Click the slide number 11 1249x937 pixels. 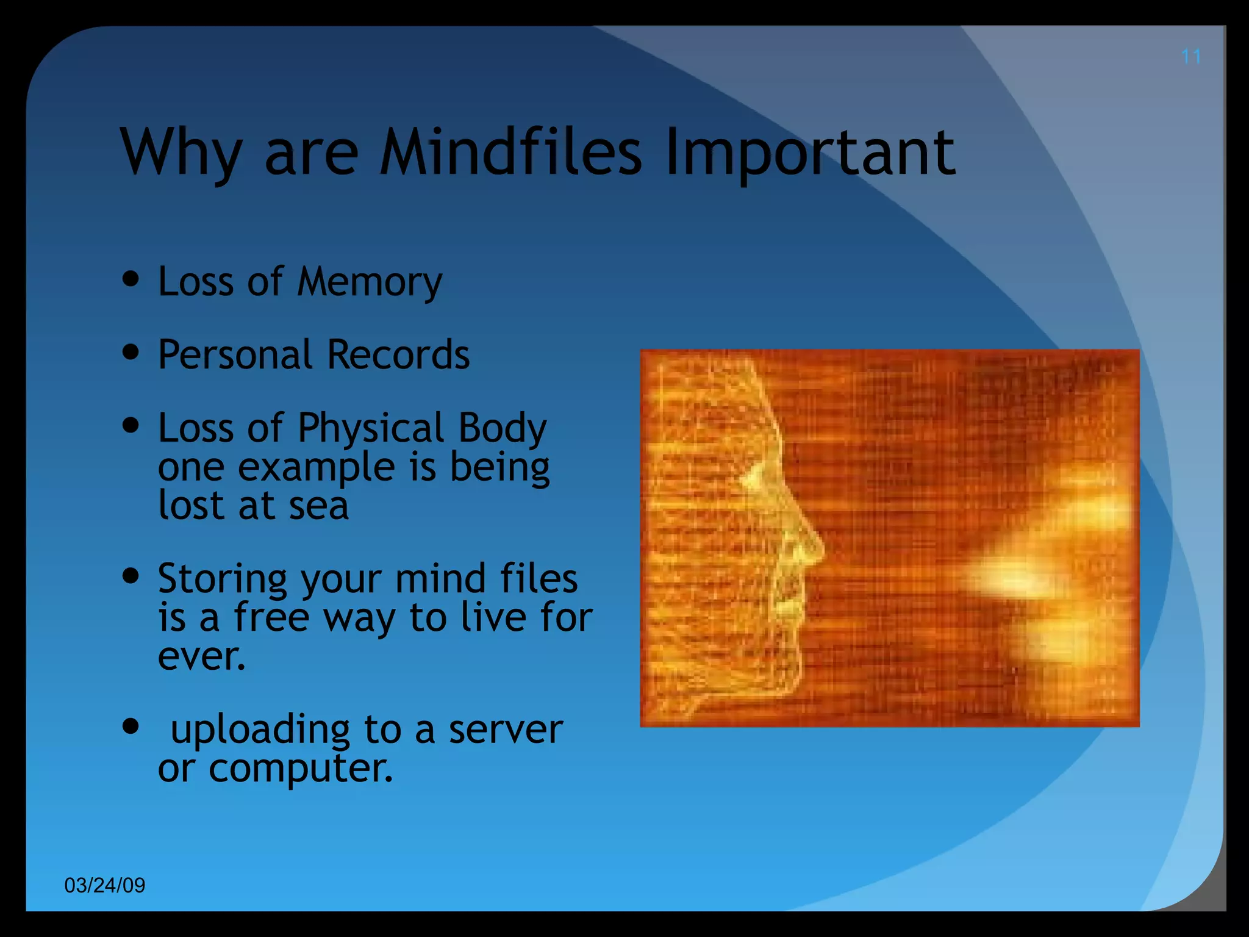pos(1190,57)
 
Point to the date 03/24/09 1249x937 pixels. pos(105,885)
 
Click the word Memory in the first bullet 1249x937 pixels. pos(370,283)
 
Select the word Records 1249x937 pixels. pos(398,354)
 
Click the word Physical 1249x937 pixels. pos(370,429)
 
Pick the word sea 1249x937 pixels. pos(318,506)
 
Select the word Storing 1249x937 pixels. pos(222,580)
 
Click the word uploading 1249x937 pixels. pos(260,730)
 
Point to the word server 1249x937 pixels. pos(506,730)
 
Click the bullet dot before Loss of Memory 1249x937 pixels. pos(131,279)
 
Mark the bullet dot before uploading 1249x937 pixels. pos(131,726)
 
